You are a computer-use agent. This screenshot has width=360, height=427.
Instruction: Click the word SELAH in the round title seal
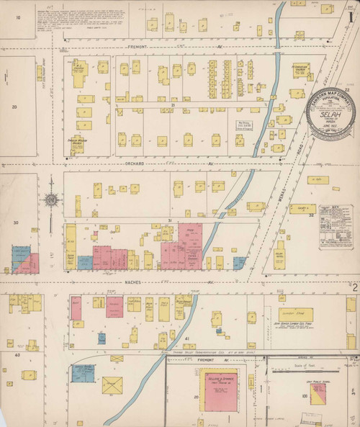click(336, 115)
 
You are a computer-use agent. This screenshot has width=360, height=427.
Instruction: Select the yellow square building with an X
click(112, 386)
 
